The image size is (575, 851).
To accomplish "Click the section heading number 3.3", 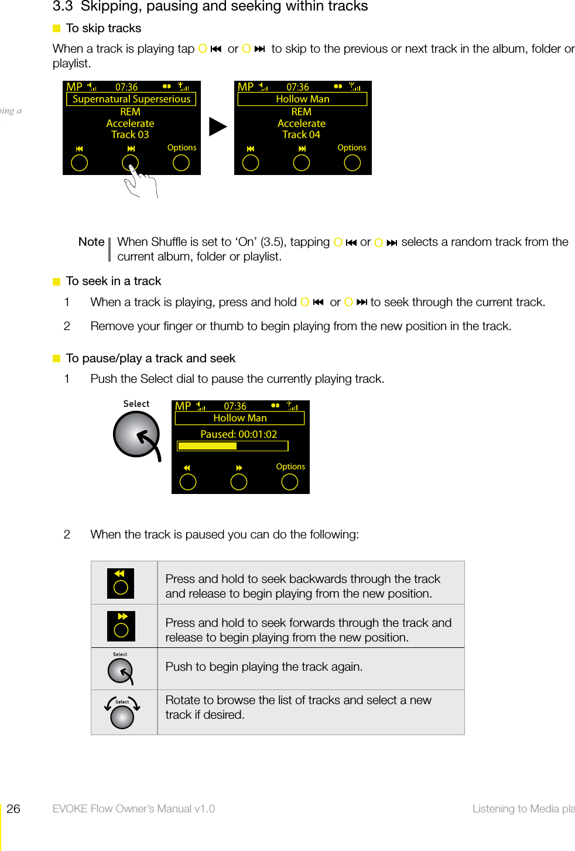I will point(63,6).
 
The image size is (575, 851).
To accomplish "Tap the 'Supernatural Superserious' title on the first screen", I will point(131,99).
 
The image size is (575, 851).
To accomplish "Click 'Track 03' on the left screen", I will point(130,135).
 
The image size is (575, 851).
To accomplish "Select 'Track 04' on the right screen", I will point(301,135).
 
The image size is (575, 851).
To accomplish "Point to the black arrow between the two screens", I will point(217,126).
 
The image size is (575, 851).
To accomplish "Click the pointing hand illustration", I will point(141,182).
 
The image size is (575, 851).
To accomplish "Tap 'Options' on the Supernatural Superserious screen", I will point(182,148).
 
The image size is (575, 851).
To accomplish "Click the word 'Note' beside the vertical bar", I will point(91,242).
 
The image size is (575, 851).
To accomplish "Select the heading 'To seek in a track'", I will point(114,281).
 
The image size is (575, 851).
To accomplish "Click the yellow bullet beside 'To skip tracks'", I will point(57,29).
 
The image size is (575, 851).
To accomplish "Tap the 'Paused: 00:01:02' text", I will point(238,434).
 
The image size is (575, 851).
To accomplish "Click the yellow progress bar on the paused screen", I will point(207,446).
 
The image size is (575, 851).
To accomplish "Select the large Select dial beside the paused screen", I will point(136,434).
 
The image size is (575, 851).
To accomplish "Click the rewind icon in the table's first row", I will point(121,583).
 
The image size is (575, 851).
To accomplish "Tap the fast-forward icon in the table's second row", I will point(121,626).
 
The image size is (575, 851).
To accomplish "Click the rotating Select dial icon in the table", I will point(122,712).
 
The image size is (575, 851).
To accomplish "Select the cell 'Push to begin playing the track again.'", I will point(264,667).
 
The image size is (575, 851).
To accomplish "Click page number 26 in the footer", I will point(13,809).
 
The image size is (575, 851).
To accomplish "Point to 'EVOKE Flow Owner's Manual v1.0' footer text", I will point(134,809).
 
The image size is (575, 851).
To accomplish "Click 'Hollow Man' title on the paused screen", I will point(239,418).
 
